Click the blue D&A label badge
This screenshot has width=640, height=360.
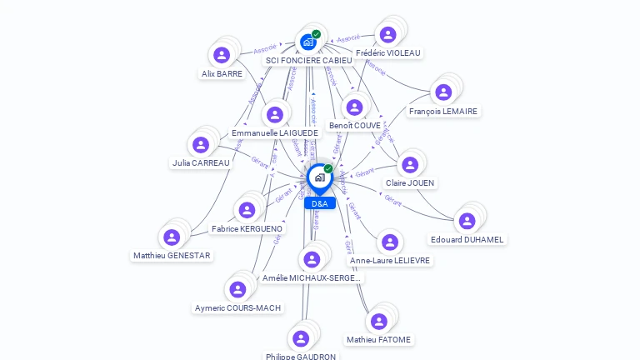click(x=319, y=203)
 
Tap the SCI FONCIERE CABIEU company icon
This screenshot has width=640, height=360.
click(x=308, y=42)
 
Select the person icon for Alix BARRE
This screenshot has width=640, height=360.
click(x=222, y=55)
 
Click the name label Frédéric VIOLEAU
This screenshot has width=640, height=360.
click(x=388, y=52)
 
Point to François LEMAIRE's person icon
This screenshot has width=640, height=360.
click(x=443, y=92)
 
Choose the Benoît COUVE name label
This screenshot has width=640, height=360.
click(x=355, y=126)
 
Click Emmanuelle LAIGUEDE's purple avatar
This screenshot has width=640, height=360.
click(x=275, y=114)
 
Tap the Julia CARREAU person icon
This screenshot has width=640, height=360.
click(x=201, y=144)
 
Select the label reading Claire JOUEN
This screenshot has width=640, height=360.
click(x=410, y=182)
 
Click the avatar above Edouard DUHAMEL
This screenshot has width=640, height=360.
click(x=467, y=220)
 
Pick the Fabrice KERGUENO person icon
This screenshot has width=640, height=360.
click(x=247, y=210)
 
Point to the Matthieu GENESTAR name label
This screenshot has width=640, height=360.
click(x=172, y=256)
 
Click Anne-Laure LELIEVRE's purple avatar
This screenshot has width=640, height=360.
click(x=389, y=242)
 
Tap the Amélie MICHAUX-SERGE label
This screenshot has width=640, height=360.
click(x=312, y=277)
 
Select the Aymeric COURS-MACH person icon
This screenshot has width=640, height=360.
click(x=237, y=289)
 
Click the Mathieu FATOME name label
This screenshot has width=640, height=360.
click(x=379, y=340)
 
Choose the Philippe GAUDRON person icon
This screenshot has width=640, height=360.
click(x=301, y=338)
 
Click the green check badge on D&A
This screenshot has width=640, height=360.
click(x=328, y=168)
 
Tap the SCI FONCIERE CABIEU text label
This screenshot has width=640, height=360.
click(x=309, y=61)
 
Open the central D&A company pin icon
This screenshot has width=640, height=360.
click(x=319, y=177)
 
